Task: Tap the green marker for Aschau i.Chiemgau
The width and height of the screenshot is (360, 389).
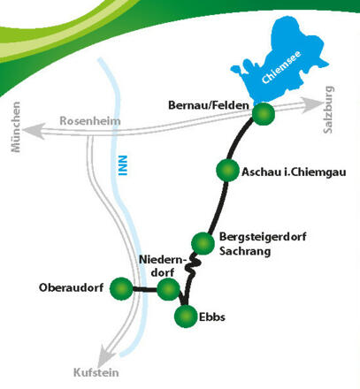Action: (227, 171)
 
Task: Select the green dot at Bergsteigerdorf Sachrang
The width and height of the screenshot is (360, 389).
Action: (203, 241)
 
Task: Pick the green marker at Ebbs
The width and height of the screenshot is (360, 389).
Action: (186, 316)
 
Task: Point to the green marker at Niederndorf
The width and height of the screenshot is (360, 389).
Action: (167, 289)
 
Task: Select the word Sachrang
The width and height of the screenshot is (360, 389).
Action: (245, 252)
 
